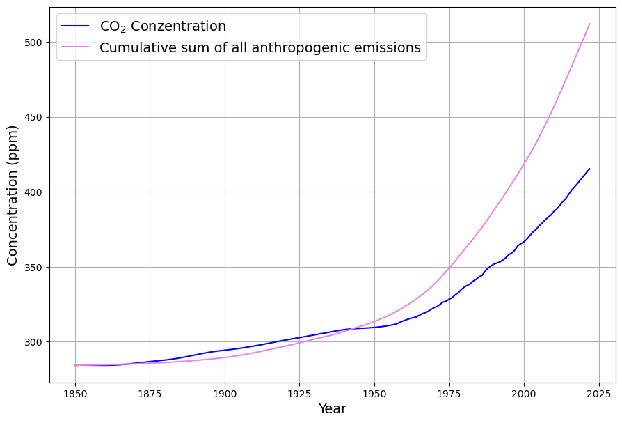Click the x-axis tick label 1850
coord(75,393)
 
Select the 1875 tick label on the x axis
coord(150,393)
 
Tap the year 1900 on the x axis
coord(225,393)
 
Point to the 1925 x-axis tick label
coord(299,393)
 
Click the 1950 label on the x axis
coord(374,393)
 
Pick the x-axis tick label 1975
coord(449,393)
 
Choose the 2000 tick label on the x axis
coord(524,393)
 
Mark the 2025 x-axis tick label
coord(598,393)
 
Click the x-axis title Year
coord(333,409)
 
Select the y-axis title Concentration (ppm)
coord(13,195)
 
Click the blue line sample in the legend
coord(76,26)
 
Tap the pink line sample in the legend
coord(76,47)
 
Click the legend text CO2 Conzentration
coord(163,26)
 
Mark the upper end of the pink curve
coord(590,24)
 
